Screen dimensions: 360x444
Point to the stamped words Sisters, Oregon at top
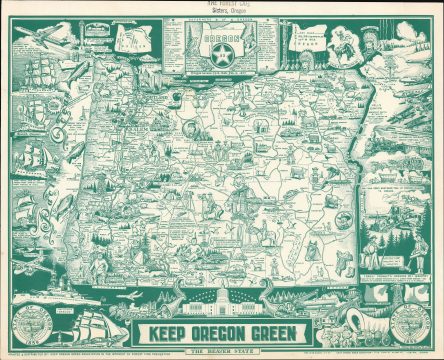coord(222,15)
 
